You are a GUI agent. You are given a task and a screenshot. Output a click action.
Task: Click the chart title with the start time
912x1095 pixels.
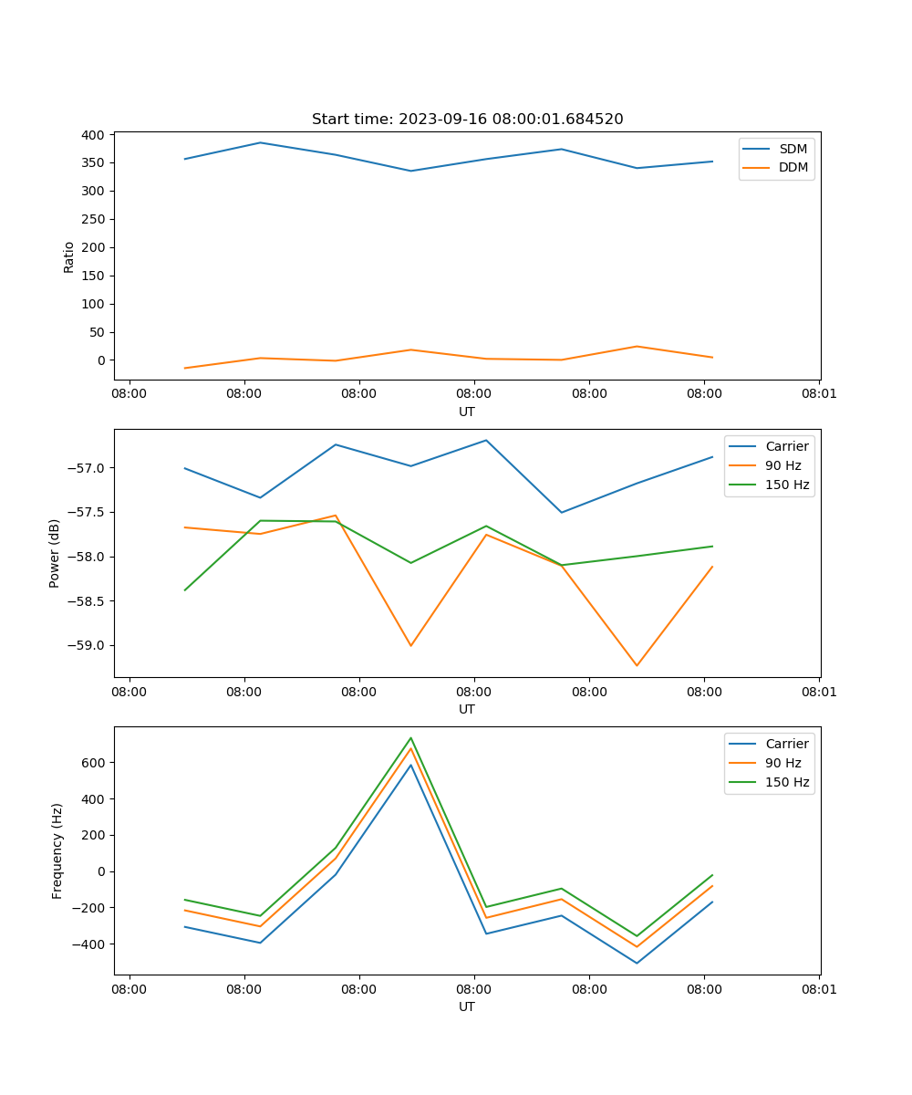[x=467, y=119]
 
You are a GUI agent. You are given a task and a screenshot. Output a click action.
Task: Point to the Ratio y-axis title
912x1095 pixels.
[x=69, y=256]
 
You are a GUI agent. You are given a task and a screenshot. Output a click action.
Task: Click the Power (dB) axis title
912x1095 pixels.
[x=55, y=553]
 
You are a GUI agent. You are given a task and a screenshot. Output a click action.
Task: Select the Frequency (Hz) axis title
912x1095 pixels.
[x=57, y=850]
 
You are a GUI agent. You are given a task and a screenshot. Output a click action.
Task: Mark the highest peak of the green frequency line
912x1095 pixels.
[x=410, y=737]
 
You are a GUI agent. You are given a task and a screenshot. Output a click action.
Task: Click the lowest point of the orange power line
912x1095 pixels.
[x=637, y=665]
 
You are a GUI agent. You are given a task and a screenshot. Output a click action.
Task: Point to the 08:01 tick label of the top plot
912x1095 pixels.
[x=818, y=394]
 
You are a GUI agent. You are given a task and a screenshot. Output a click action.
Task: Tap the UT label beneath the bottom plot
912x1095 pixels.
[x=467, y=1006]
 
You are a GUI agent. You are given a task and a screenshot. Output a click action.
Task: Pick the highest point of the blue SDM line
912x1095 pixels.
[x=260, y=142]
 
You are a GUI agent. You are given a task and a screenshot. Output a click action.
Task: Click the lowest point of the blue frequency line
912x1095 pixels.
[x=637, y=963]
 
